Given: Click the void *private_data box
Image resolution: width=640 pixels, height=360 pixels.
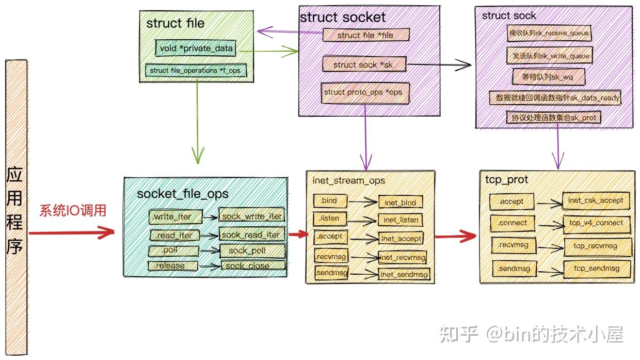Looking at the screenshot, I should pos(196,49).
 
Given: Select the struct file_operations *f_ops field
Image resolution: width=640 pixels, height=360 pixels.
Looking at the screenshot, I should pos(195,71).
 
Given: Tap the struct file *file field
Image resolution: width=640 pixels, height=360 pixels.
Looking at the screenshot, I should pos(365,35).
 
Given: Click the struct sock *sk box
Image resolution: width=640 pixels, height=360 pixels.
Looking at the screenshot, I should pos(364,65).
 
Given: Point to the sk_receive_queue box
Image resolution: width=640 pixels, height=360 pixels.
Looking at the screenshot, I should pos(549,33).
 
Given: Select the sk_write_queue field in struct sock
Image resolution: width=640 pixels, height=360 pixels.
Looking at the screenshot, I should pos(549,55).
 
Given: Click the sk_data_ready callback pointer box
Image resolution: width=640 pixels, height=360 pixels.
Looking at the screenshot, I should pos(554,97).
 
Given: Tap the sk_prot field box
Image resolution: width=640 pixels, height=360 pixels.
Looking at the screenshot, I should pos(554,118).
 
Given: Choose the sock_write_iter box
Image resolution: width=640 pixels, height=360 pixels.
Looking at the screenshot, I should pos(252,216).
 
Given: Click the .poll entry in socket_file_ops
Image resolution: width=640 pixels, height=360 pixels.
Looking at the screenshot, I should pos(173,251).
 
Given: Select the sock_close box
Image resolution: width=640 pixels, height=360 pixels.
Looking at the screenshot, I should pos(253,265).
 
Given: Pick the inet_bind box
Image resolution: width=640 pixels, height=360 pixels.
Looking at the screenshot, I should pos(401,202).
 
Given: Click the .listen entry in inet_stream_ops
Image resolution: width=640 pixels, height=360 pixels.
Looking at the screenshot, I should pos(330,218).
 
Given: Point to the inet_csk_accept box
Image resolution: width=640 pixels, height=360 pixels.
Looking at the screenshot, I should pos(596,200).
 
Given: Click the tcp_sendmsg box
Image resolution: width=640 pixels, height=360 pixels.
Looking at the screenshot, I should pos(597,269).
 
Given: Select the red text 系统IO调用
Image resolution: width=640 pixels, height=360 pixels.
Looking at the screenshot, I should pos(73,211).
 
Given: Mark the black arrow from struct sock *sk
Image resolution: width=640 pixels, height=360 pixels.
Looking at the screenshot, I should pos(439,65).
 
